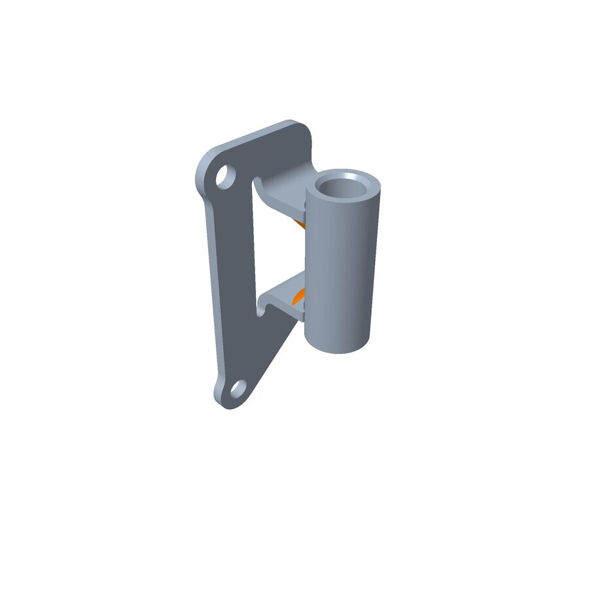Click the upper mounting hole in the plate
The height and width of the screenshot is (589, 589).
[225, 177]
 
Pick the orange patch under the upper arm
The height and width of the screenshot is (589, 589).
[301, 224]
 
